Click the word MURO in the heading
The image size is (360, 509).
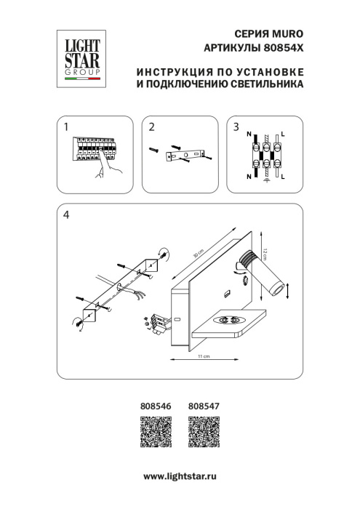pos(287,33)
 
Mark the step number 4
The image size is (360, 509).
pos(66,215)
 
